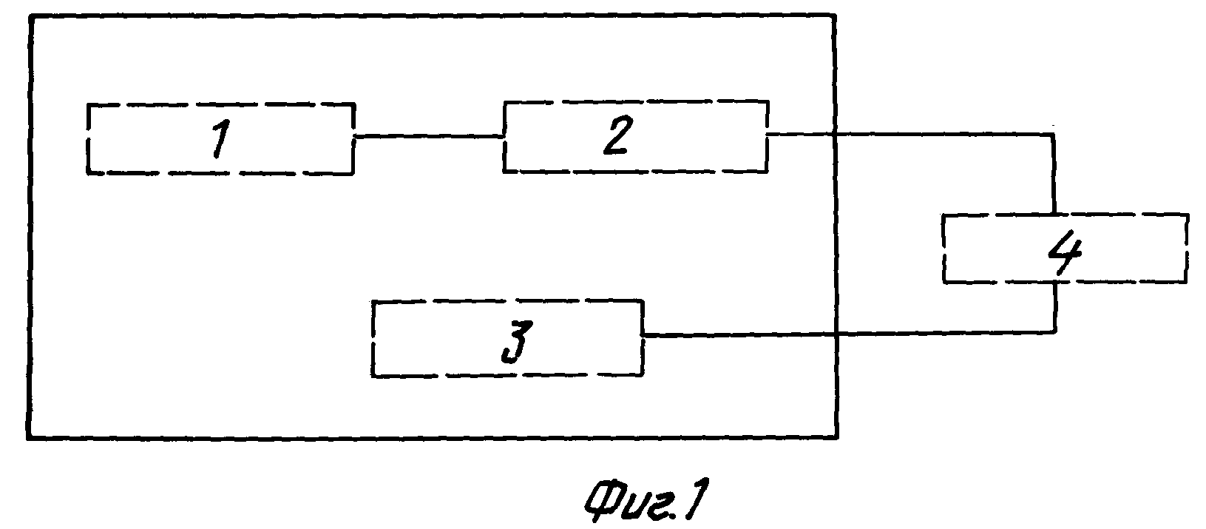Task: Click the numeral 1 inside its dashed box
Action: point(221,139)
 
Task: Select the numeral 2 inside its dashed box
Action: point(617,135)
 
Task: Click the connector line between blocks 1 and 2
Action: point(429,137)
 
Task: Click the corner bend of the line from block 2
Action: point(1054,134)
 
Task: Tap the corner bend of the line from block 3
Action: point(1054,332)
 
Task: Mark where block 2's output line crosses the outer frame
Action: point(834,134)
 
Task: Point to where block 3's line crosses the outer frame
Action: point(836,334)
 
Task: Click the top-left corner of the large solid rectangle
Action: point(31,18)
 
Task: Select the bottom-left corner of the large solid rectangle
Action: point(28,438)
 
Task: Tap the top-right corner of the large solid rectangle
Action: point(834,16)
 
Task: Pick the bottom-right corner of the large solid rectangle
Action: point(836,437)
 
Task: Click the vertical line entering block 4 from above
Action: point(1054,174)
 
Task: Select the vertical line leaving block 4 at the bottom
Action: point(1055,306)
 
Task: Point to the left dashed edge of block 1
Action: point(88,138)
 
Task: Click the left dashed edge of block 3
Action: point(373,338)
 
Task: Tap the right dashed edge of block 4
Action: point(1187,247)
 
